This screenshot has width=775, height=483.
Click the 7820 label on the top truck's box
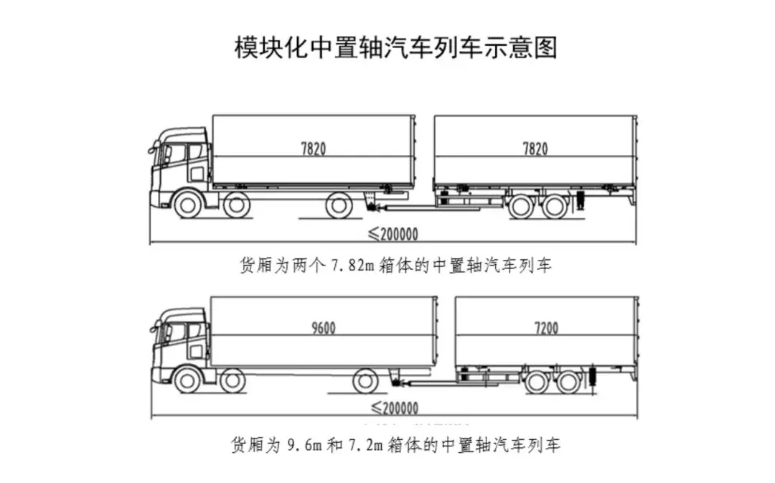(314, 149)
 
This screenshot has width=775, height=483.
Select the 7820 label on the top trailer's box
(535, 149)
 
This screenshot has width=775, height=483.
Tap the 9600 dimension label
(323, 328)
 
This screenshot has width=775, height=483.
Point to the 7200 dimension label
(546, 328)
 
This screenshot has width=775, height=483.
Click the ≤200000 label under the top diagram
(393, 234)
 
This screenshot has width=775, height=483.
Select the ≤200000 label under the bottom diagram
(394, 408)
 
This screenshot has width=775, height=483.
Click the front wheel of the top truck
(187, 205)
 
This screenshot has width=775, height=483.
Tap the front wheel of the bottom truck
(187, 380)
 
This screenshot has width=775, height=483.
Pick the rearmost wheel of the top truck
(339, 205)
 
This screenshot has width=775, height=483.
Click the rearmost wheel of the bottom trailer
(570, 382)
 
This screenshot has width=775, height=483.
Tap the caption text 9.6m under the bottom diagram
(301, 445)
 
